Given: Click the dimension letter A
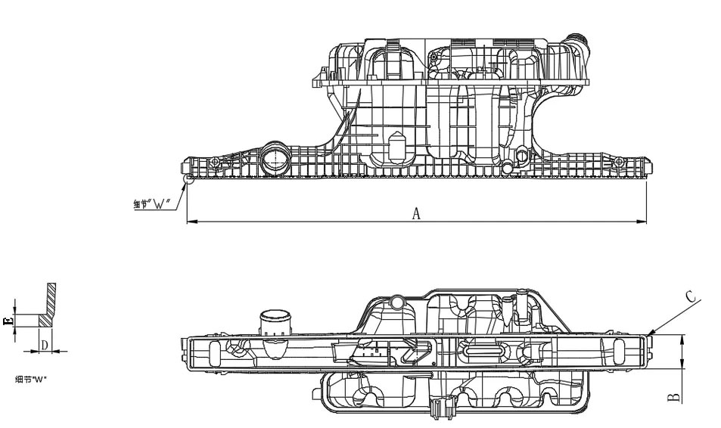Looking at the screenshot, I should click(415, 214).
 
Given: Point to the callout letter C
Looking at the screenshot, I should click(691, 296).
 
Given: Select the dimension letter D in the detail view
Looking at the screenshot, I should click(45, 346).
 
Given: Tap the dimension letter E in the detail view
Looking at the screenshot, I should click(8, 321).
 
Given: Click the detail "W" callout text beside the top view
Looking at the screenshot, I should click(154, 204).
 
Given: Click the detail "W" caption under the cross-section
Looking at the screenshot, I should click(32, 379).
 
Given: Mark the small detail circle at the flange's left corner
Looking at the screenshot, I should click(189, 179).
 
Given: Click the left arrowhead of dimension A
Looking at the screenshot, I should click(190, 222).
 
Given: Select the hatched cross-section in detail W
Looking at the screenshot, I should click(46, 318).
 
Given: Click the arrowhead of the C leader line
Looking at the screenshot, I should click(650, 333).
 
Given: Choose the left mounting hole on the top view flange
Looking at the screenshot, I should click(216, 163).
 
